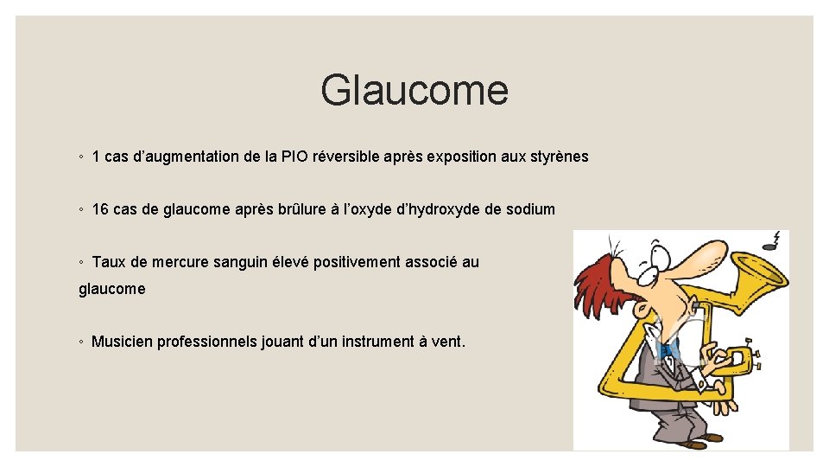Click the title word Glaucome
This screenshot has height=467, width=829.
[x=414, y=90]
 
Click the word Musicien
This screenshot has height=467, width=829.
[x=123, y=342]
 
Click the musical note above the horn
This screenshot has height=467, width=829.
[x=775, y=240]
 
